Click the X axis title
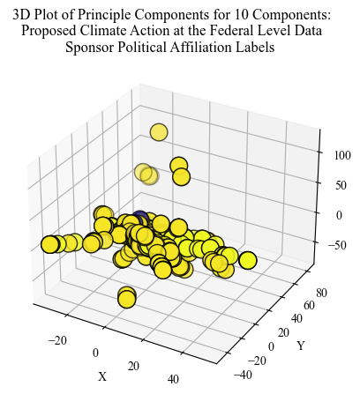pyautogui.click(x=102, y=376)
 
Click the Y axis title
pyautogui.click(x=301, y=346)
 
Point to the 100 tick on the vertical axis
pyautogui.click(x=342, y=155)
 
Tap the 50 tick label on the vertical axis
pyautogui.click(x=341, y=185)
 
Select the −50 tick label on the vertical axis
pyautogui.click(x=338, y=245)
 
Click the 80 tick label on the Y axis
pyautogui.click(x=321, y=293)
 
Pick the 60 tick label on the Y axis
pyautogui.click(x=309, y=306)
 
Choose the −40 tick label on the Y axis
pyautogui.click(x=243, y=375)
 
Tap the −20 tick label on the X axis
pyautogui.click(x=57, y=340)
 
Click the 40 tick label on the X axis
pyautogui.click(x=173, y=379)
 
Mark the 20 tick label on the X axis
pyautogui.click(x=133, y=366)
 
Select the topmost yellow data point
pyautogui.click(x=159, y=132)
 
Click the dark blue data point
pyautogui.click(x=139, y=218)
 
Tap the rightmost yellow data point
pyautogui.click(x=248, y=260)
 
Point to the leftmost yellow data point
pyautogui.click(x=49, y=244)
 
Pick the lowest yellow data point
pyautogui.click(x=127, y=299)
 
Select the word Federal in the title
pyautogui.click(x=230, y=31)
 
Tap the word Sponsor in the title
pyautogui.click(x=89, y=48)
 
